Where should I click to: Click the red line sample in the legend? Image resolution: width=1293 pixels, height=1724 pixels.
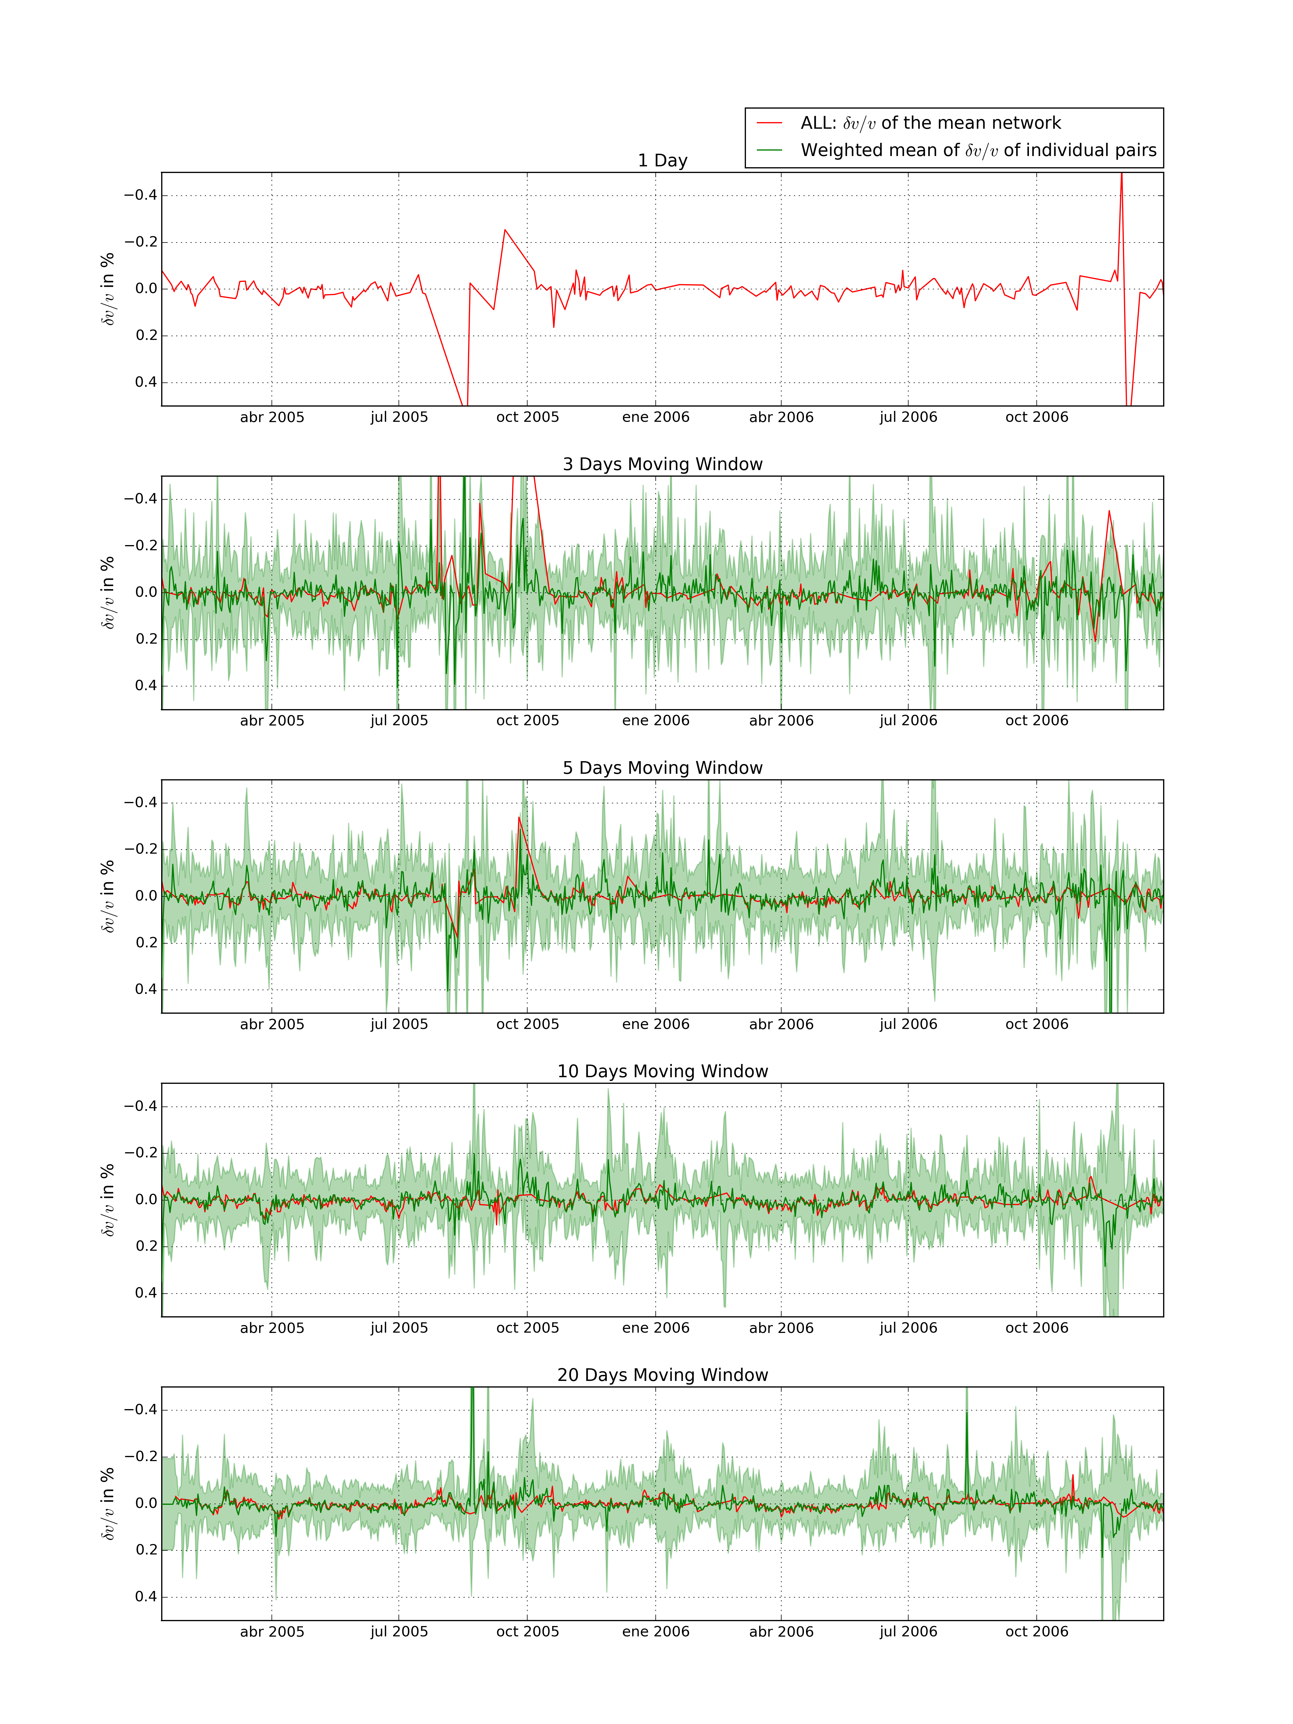pos(769,123)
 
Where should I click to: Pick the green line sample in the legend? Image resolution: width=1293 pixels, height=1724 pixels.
pos(769,151)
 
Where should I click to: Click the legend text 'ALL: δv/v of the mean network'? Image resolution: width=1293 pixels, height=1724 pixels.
pos(930,123)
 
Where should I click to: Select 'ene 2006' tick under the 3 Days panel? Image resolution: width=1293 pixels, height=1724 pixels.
pos(655,721)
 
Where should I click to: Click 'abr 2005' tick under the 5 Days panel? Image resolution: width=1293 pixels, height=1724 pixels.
pos(272,1024)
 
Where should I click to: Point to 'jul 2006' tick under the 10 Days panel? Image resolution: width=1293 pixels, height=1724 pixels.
pos(908,1328)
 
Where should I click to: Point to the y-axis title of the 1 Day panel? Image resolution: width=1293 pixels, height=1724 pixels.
pos(107,288)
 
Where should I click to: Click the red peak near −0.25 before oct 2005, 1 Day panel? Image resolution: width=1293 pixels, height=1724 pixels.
pos(505,230)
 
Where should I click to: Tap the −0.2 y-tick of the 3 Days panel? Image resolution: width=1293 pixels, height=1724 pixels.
pos(140,546)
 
